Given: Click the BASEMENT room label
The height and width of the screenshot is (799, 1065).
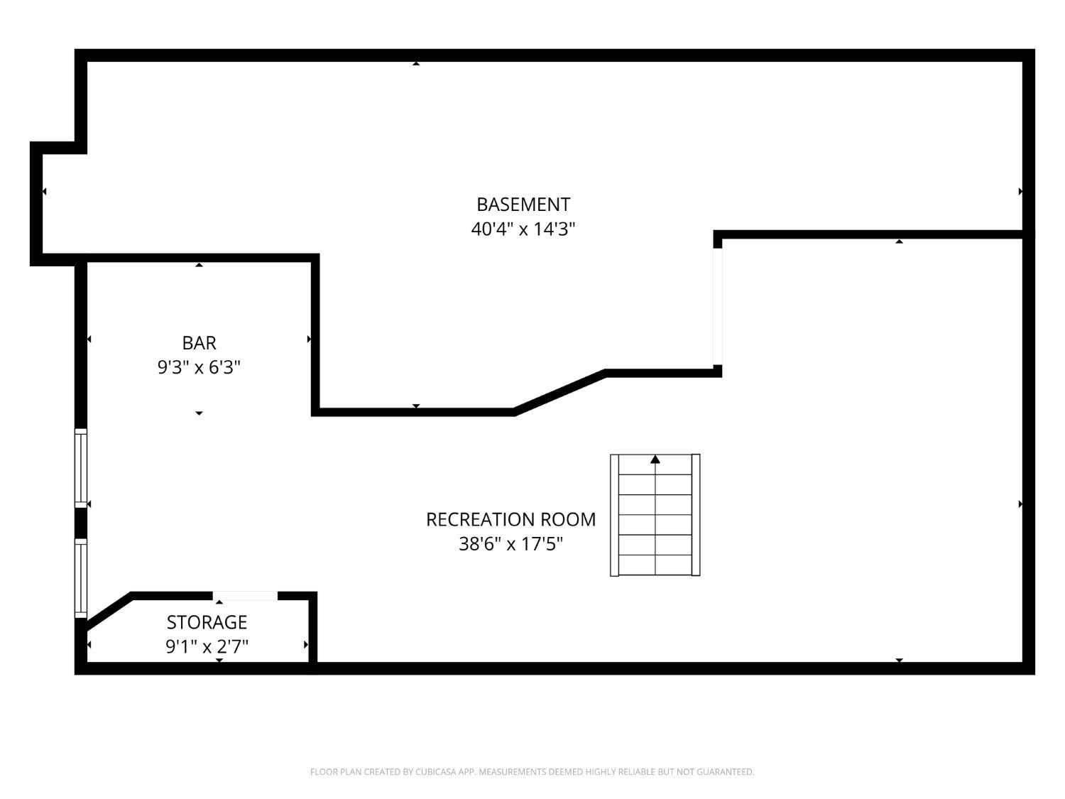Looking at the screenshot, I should [x=523, y=205].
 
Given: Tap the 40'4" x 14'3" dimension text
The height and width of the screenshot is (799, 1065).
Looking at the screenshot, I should [x=523, y=229].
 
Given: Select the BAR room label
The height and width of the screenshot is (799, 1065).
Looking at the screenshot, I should [x=199, y=343].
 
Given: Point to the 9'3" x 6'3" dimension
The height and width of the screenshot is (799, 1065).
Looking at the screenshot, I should [x=199, y=367].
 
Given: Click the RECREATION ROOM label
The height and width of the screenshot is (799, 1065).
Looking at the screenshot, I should [x=510, y=519].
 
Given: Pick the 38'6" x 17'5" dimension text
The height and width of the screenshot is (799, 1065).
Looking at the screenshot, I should [x=510, y=544].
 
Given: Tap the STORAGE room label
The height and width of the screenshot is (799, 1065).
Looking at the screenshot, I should [x=207, y=622].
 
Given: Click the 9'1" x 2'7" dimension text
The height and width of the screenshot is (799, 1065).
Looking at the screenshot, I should [x=207, y=646].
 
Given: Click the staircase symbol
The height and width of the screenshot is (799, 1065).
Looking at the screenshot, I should [x=655, y=515].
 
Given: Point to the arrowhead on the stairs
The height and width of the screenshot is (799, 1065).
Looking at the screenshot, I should [x=655, y=460].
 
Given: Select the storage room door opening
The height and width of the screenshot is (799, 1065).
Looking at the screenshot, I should [x=245, y=596].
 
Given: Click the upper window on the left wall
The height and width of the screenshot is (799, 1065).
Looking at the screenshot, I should [x=81, y=468].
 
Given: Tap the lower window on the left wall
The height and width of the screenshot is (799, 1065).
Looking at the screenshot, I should [x=81, y=578].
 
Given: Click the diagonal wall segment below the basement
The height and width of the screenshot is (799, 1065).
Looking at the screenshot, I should [x=559, y=391].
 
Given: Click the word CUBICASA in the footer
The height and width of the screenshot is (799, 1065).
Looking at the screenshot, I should [x=435, y=772].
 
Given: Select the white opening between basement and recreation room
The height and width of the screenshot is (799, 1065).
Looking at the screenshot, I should [x=717, y=306].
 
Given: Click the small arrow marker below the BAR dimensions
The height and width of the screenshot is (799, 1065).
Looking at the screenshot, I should [x=199, y=413].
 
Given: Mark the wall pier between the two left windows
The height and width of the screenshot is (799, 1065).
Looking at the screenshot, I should [x=81, y=523].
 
